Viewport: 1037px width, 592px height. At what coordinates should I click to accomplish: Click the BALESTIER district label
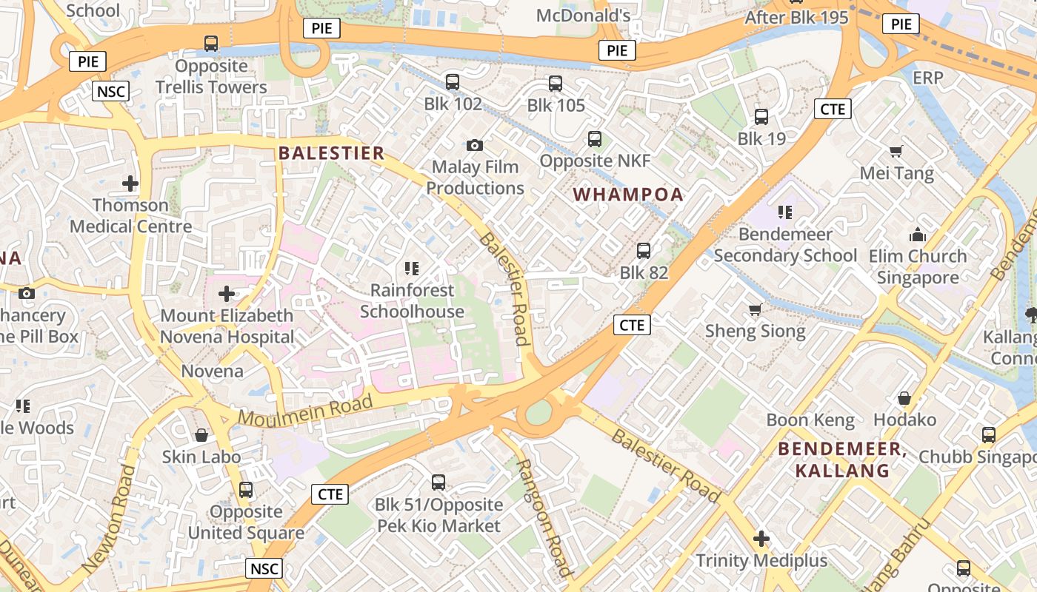click(x=331, y=153)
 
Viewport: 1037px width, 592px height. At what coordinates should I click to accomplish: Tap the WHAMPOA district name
click(x=628, y=195)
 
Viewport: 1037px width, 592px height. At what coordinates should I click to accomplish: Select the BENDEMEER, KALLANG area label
click(x=842, y=460)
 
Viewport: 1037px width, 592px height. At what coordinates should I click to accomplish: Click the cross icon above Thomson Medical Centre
click(x=130, y=183)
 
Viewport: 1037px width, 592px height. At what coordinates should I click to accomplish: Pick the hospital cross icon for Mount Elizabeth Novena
click(x=227, y=294)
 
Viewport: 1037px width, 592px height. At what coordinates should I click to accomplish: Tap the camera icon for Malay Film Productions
click(x=474, y=145)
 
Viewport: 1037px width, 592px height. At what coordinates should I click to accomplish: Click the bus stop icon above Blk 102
click(x=453, y=82)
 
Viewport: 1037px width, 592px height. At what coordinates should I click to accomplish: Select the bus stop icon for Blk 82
click(x=644, y=251)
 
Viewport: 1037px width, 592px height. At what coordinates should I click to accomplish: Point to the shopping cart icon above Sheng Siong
click(x=755, y=309)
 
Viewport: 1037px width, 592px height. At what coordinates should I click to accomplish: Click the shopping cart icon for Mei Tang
click(x=896, y=152)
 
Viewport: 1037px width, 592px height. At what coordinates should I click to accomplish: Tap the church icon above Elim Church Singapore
click(x=918, y=235)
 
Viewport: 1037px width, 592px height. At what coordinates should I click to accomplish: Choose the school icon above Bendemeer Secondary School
click(x=785, y=213)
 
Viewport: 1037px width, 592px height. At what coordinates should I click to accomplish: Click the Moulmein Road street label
click(x=305, y=411)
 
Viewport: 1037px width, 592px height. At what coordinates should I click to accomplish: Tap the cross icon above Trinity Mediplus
click(x=761, y=539)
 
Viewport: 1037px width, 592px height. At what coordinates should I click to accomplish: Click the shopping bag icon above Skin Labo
click(x=201, y=435)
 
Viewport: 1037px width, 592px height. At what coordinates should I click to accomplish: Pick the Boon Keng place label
click(x=810, y=420)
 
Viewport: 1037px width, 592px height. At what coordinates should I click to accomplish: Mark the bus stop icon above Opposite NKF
click(x=594, y=139)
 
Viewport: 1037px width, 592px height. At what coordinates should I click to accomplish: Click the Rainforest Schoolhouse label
click(x=412, y=300)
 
